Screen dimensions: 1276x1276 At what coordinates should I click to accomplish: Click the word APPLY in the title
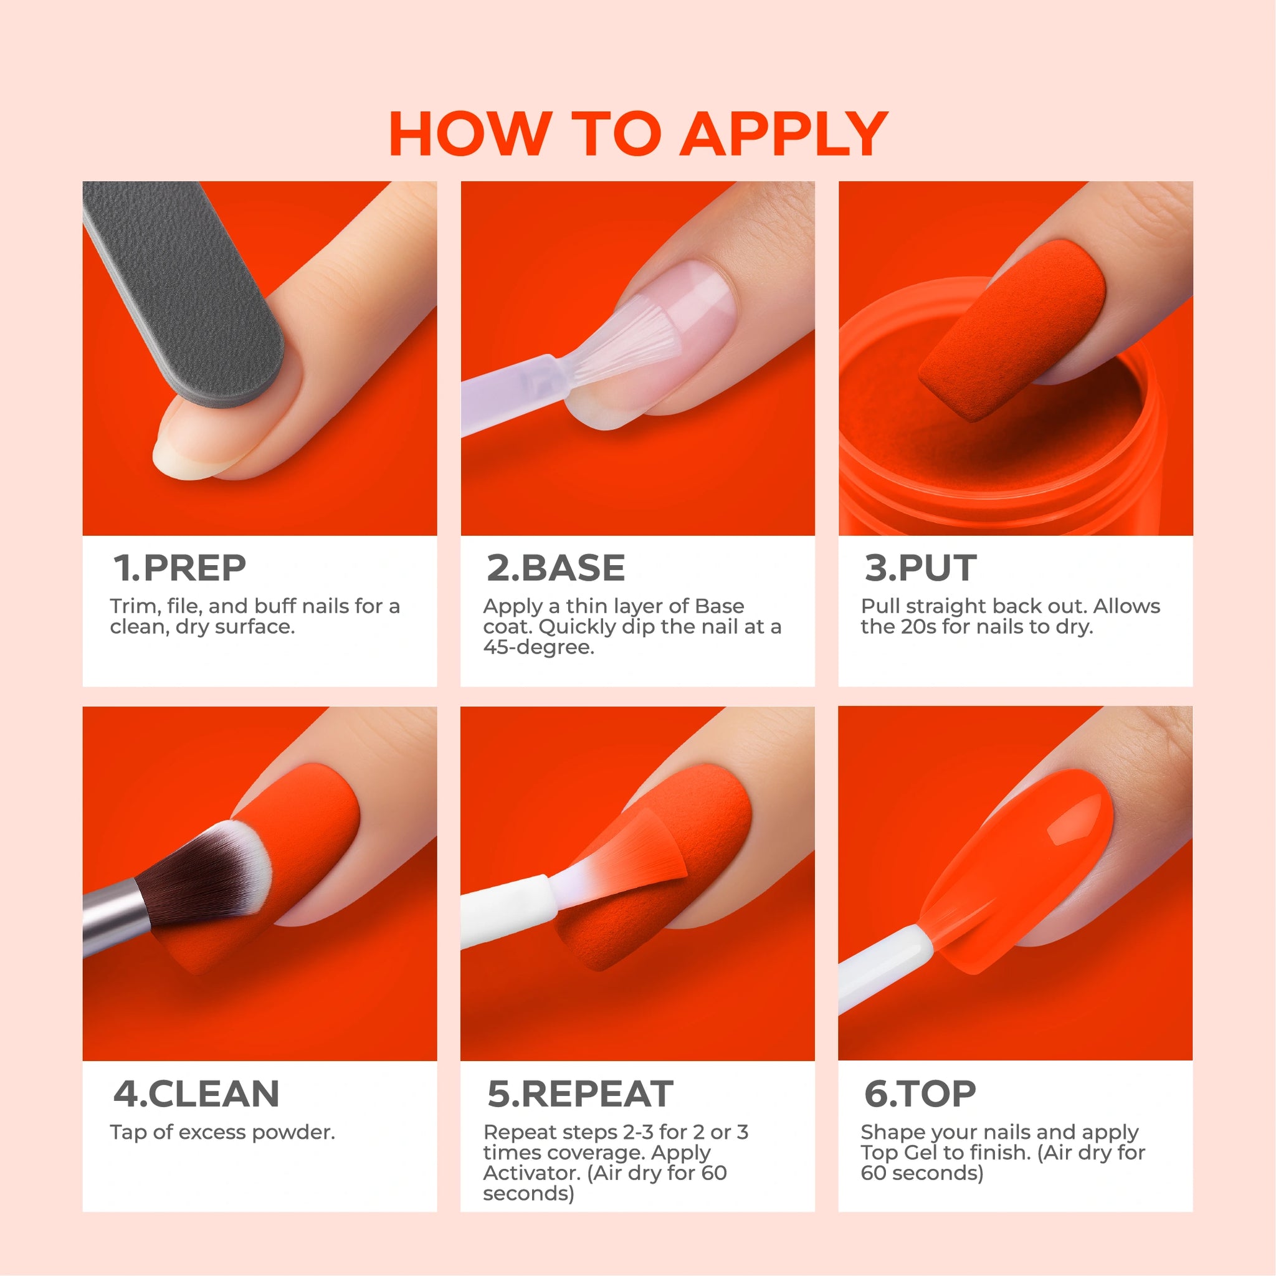tap(784, 134)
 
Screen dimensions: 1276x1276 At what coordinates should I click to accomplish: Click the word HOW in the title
tap(470, 134)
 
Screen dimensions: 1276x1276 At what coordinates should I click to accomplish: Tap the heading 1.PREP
tap(179, 568)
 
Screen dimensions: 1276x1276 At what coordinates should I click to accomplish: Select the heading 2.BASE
tap(555, 568)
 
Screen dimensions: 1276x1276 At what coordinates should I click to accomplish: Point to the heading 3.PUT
tap(920, 568)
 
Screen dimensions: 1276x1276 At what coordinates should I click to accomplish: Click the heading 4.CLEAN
tap(196, 1093)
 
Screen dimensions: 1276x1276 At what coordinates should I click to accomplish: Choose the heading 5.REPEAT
tap(580, 1093)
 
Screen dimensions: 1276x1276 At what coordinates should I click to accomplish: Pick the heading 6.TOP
tap(920, 1093)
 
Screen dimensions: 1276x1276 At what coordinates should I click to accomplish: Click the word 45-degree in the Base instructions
tap(538, 647)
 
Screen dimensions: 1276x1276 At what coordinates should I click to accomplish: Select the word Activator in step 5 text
tap(531, 1173)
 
